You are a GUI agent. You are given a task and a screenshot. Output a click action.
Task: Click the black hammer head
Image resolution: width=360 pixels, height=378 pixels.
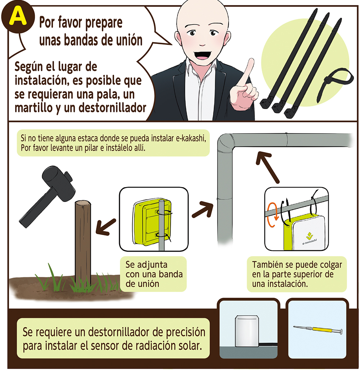click(x=59, y=182)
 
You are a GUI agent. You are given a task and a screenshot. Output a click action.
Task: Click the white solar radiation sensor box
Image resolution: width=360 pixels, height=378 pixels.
click(x=247, y=331)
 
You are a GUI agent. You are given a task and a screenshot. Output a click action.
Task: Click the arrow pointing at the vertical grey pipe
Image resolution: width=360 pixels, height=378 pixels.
click(x=203, y=210)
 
